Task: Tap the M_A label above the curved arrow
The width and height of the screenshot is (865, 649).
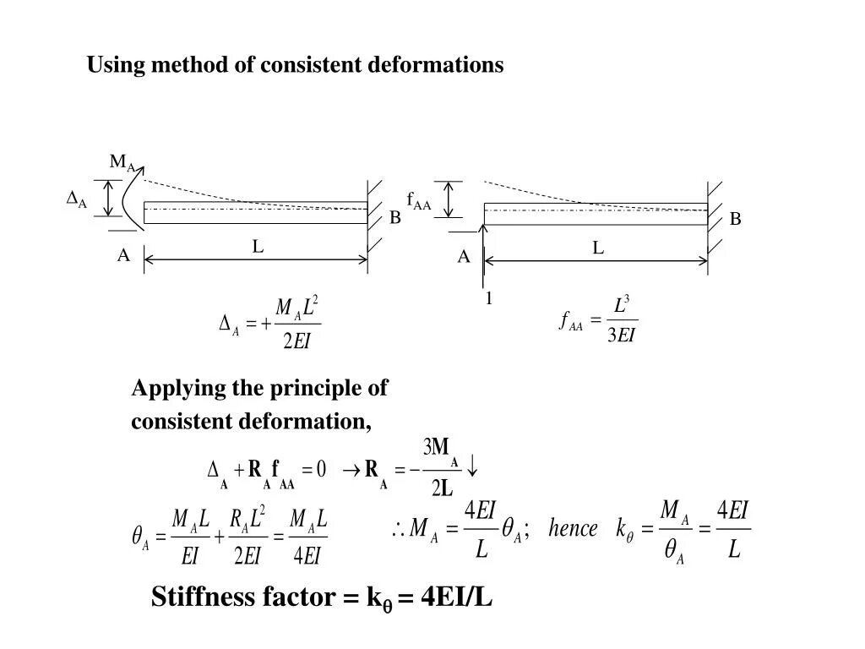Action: coord(122,162)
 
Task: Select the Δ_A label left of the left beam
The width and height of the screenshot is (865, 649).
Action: coord(77,199)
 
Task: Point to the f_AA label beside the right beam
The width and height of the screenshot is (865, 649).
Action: coord(418,201)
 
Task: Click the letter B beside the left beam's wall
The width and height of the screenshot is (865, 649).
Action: coord(394,218)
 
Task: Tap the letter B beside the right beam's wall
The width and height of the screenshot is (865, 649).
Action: coord(735,220)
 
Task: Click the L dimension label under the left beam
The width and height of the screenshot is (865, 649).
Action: coord(258,247)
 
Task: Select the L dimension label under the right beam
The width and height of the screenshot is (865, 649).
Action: coord(598,248)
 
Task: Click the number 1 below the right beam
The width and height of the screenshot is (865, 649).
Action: coord(488,298)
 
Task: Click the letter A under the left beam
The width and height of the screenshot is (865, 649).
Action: coord(123,255)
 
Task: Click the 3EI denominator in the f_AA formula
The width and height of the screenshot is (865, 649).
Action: coord(621,335)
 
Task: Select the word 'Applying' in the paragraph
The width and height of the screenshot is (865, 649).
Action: coord(178,389)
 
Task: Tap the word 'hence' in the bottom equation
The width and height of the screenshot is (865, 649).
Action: coord(573,530)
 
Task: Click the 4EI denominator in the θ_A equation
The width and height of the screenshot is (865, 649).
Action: coord(307,555)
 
